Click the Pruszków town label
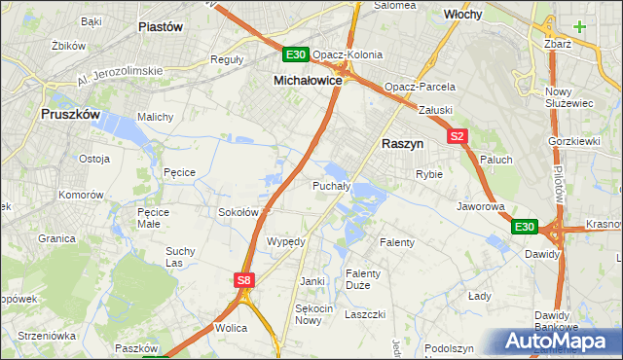point(71,114)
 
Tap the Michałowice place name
point(308,80)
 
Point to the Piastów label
point(162,27)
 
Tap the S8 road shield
point(245,280)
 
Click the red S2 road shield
point(458,137)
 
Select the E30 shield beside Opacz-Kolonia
point(297,54)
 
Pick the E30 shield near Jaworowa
point(525,227)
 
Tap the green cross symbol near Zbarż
point(580,25)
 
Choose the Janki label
point(311,281)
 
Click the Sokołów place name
point(238,211)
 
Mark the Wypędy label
point(286,241)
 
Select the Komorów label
point(81,195)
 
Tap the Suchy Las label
point(181,257)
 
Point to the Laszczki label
point(366,314)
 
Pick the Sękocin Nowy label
point(308,313)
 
